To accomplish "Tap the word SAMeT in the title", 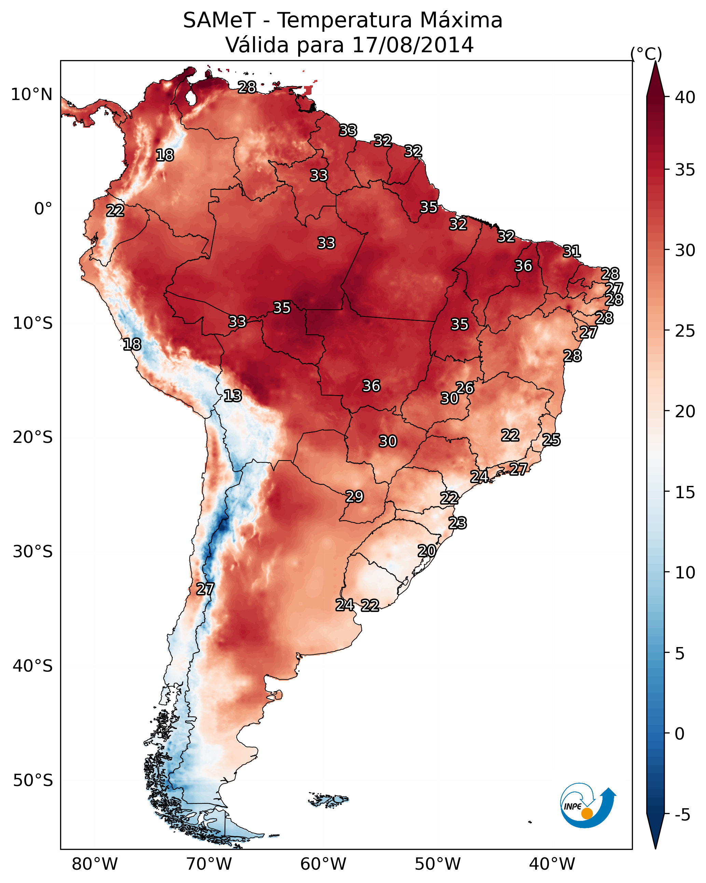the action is pyautogui.click(x=219, y=20).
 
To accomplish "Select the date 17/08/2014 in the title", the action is pyautogui.click(x=413, y=45).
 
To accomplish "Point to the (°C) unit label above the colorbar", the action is pyautogui.click(x=646, y=54).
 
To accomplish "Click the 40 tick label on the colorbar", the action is pyautogui.click(x=685, y=97).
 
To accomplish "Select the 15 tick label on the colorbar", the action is pyautogui.click(x=685, y=492).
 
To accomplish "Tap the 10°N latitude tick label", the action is pyautogui.click(x=31, y=95).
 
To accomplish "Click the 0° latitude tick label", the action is pyautogui.click(x=43, y=209).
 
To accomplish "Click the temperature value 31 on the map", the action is pyautogui.click(x=572, y=251).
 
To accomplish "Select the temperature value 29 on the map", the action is pyautogui.click(x=355, y=496).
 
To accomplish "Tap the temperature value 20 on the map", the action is pyautogui.click(x=427, y=551).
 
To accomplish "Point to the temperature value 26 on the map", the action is pyautogui.click(x=465, y=388).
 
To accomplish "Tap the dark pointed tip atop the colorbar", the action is pyautogui.click(x=655, y=61).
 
